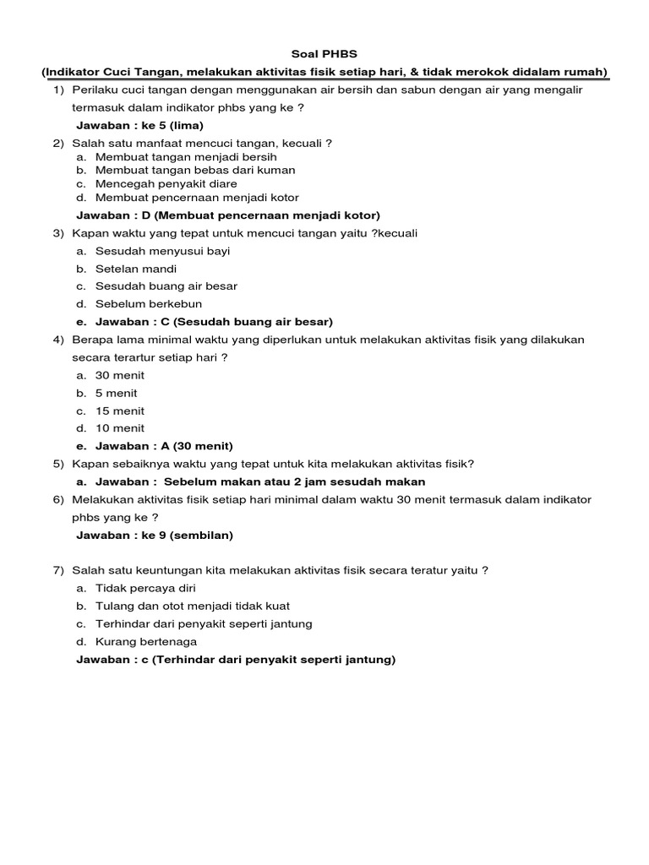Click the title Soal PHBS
pos(324,54)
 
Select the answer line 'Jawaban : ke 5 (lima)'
pos(139,125)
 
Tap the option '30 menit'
pos(120,375)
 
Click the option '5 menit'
pos(117,393)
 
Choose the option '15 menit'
pos(120,411)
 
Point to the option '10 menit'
pos(120,428)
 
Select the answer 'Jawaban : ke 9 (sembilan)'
pos(155,535)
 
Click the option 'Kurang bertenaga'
pos(145,641)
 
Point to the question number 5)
pos(58,464)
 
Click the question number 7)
pos(58,570)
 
